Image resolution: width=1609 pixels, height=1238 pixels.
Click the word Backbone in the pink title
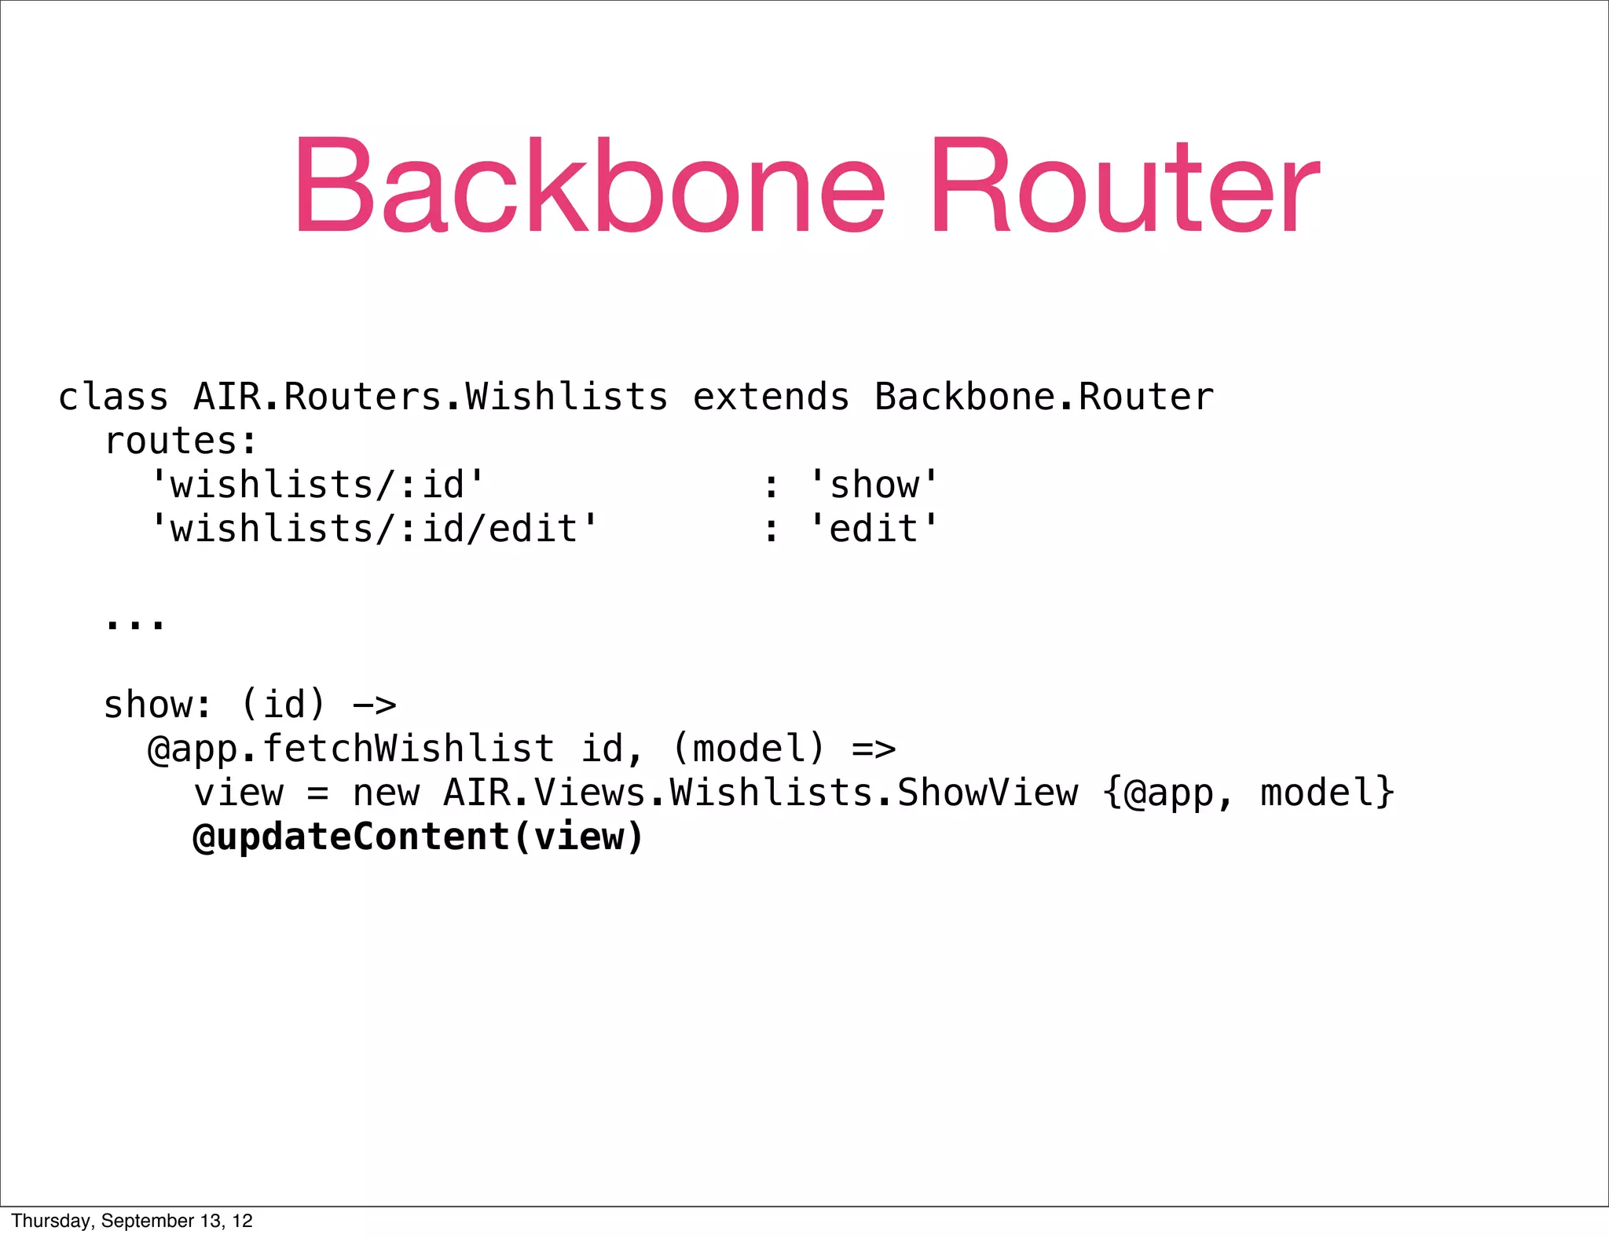tap(589, 187)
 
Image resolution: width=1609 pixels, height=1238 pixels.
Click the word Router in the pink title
tap(1125, 187)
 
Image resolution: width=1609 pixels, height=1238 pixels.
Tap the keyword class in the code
tap(113, 397)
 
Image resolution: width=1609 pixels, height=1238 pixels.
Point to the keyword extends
tap(771, 397)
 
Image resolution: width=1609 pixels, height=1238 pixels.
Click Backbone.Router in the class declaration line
tap(1043, 397)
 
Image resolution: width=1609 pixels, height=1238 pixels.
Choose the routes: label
tap(181, 441)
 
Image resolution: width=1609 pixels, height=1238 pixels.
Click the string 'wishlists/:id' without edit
tap(317, 485)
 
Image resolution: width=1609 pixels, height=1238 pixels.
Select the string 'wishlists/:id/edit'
tap(374, 529)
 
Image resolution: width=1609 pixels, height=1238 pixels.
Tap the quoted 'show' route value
tap(874, 485)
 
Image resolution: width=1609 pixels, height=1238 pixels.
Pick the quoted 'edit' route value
tap(874, 529)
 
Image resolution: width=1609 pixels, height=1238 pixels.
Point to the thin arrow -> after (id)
tap(375, 705)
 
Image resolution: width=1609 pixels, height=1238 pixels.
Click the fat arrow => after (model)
tap(874, 749)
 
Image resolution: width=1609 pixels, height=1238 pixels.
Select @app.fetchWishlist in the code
tap(350, 749)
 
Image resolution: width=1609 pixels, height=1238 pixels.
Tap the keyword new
tap(386, 793)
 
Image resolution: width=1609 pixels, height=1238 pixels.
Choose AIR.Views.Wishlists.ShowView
tap(761, 793)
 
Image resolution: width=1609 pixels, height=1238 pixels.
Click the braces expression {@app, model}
tap(1248, 793)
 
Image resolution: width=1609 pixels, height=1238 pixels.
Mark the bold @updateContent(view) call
tap(418, 837)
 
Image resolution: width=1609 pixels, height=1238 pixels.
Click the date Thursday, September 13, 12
tap(132, 1221)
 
